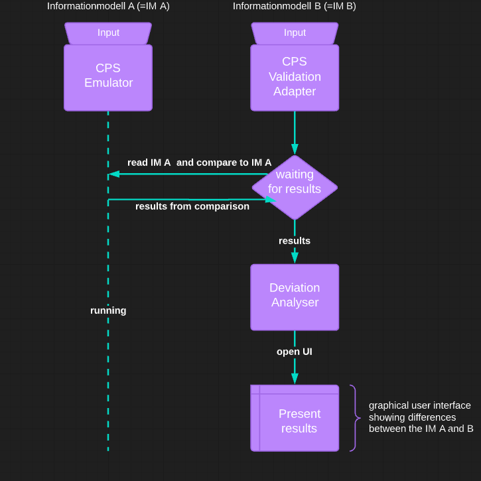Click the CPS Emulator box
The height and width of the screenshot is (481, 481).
click(108, 77)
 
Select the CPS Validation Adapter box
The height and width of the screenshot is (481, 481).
click(295, 77)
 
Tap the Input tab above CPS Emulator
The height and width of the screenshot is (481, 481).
click(108, 33)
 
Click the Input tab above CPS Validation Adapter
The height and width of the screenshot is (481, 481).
click(295, 33)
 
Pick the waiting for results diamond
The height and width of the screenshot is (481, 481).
click(295, 187)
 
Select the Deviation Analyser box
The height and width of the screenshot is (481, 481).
click(295, 297)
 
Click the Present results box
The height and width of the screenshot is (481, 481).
click(295, 418)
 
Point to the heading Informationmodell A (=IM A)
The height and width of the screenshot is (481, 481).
click(108, 6)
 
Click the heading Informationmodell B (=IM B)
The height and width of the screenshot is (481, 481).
click(295, 6)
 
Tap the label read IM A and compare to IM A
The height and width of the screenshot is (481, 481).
click(199, 163)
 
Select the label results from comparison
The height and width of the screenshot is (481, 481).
click(192, 206)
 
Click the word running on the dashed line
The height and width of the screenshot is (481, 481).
click(108, 310)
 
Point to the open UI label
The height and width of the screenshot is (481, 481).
click(295, 352)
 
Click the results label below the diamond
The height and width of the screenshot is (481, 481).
click(295, 241)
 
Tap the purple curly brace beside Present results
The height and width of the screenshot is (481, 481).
click(355, 418)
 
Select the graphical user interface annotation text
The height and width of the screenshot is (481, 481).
click(421, 417)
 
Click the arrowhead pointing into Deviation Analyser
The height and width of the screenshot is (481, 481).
click(295, 258)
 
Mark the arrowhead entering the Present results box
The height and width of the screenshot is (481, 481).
click(295, 379)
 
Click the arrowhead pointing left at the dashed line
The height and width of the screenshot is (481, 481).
click(114, 174)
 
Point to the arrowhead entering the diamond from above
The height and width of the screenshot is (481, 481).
click(295, 149)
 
